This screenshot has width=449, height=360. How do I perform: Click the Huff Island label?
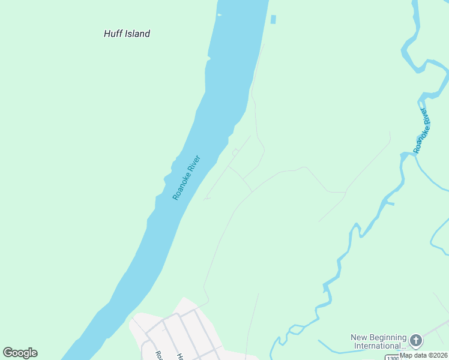[127, 34]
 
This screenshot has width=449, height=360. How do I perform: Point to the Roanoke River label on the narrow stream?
[423, 130]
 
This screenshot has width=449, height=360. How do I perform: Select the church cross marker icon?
[415, 341]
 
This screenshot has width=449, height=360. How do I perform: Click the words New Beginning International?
[378, 341]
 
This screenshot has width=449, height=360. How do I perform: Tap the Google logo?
[20, 353]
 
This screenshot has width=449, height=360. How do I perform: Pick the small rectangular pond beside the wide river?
[274, 20]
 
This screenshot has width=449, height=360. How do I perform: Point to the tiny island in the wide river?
[219, 14]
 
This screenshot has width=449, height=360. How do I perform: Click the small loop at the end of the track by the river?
[235, 152]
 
